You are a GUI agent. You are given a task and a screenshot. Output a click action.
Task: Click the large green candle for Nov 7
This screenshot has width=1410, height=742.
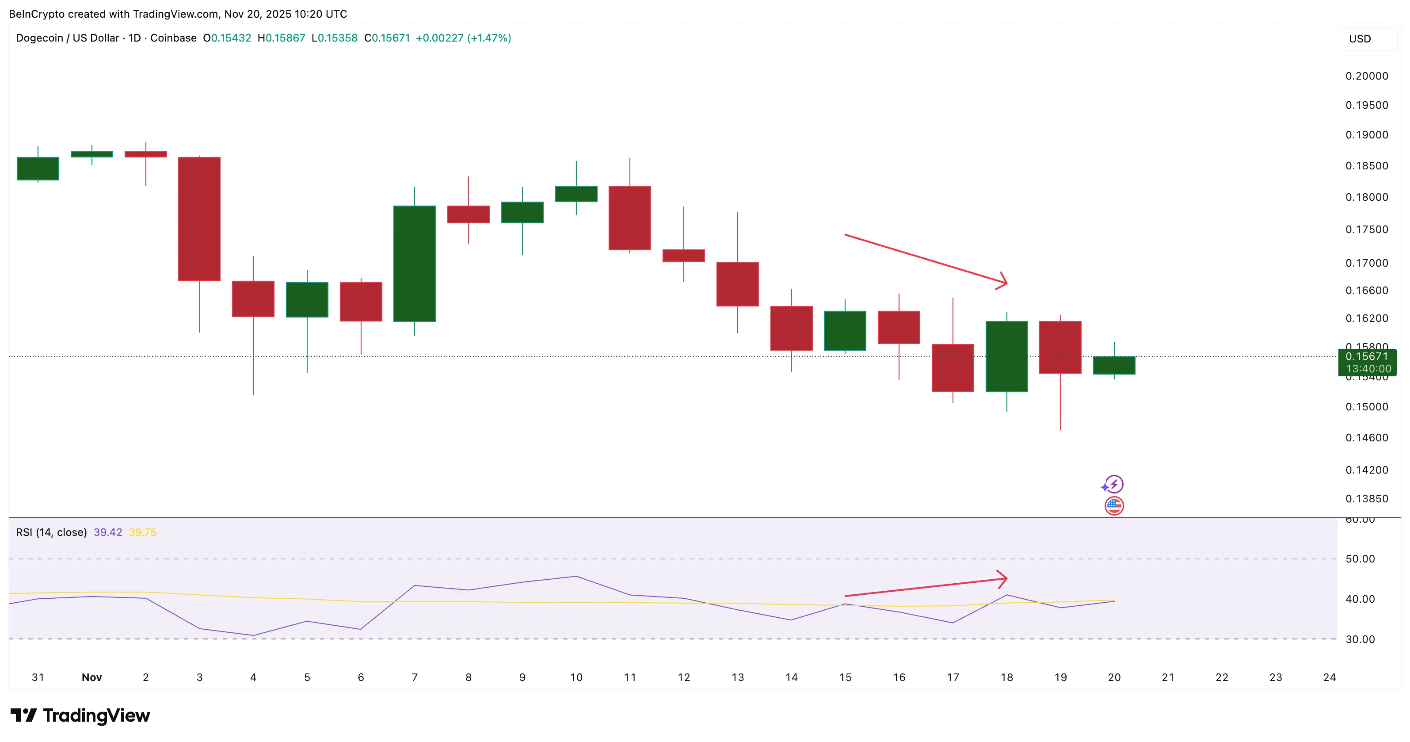click(x=414, y=264)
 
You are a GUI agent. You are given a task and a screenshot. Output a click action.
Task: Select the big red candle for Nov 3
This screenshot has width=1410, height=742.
click(x=199, y=219)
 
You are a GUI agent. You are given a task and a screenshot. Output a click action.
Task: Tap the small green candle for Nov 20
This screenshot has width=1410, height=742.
click(x=1114, y=365)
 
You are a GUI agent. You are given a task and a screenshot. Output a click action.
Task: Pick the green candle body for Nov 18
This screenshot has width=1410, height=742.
click(x=1006, y=356)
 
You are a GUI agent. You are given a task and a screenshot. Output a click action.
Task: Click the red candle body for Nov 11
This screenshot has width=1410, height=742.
click(x=629, y=218)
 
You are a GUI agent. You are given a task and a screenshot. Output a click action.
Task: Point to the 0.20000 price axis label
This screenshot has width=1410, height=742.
click(x=1366, y=76)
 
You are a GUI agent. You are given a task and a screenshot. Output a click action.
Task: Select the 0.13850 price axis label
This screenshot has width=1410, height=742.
click(x=1366, y=499)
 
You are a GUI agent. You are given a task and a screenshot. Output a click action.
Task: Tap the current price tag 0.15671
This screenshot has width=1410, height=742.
click(x=1367, y=356)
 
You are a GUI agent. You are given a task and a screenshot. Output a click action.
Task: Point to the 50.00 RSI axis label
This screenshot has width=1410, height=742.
click(x=1360, y=559)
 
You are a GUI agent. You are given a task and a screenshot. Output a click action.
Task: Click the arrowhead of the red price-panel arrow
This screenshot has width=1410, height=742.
click(x=1003, y=282)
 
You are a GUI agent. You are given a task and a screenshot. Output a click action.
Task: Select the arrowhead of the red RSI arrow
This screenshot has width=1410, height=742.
click(x=1003, y=578)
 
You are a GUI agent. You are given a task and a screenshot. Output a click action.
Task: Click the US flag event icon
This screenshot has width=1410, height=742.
click(x=1114, y=505)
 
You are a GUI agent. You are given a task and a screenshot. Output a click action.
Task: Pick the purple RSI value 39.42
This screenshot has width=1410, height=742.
click(x=108, y=532)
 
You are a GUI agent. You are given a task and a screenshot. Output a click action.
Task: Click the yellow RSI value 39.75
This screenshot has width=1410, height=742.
click(x=142, y=532)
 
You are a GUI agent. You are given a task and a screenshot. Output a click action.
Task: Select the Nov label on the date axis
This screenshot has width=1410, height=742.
click(x=91, y=677)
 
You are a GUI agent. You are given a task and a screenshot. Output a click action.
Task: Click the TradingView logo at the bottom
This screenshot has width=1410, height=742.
click(x=80, y=715)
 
